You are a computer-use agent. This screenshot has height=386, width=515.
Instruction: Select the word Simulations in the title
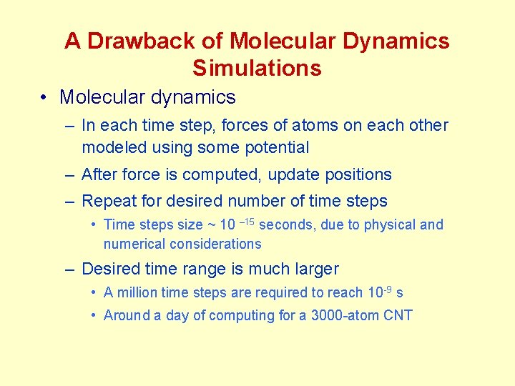pyautogui.click(x=257, y=69)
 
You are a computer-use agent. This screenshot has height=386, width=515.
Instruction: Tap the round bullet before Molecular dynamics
pyautogui.click(x=44, y=97)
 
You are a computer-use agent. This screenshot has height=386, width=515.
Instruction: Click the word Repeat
pyautogui.click(x=107, y=202)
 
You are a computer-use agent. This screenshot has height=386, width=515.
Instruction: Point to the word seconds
pyautogui.click(x=286, y=225)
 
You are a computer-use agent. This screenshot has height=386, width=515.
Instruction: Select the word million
pyautogui.click(x=137, y=293)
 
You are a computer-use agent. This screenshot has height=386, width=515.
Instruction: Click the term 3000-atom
pyautogui.click(x=343, y=316)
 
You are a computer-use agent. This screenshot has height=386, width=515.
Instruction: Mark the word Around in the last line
pyautogui.click(x=127, y=316)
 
